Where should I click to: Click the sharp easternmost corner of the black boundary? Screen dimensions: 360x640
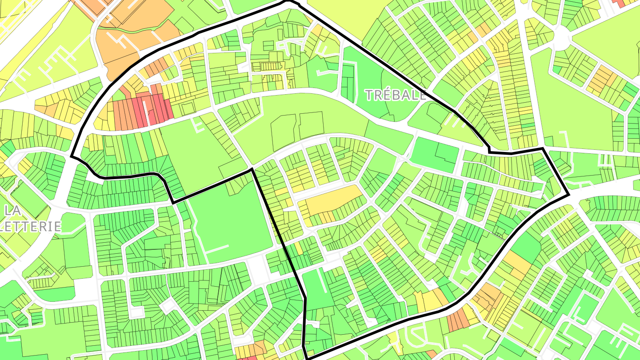(x=568, y=195)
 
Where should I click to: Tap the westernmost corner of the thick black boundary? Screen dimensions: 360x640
(x=72, y=156)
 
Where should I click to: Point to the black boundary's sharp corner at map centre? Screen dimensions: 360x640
(x=252, y=169)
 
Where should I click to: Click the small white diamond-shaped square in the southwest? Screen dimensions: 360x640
(x=168, y=306)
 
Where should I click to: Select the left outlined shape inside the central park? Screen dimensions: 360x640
(x=283, y=132)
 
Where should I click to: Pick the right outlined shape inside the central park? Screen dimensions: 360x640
(x=311, y=125)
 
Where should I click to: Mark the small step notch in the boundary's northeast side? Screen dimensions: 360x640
(x=489, y=150)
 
